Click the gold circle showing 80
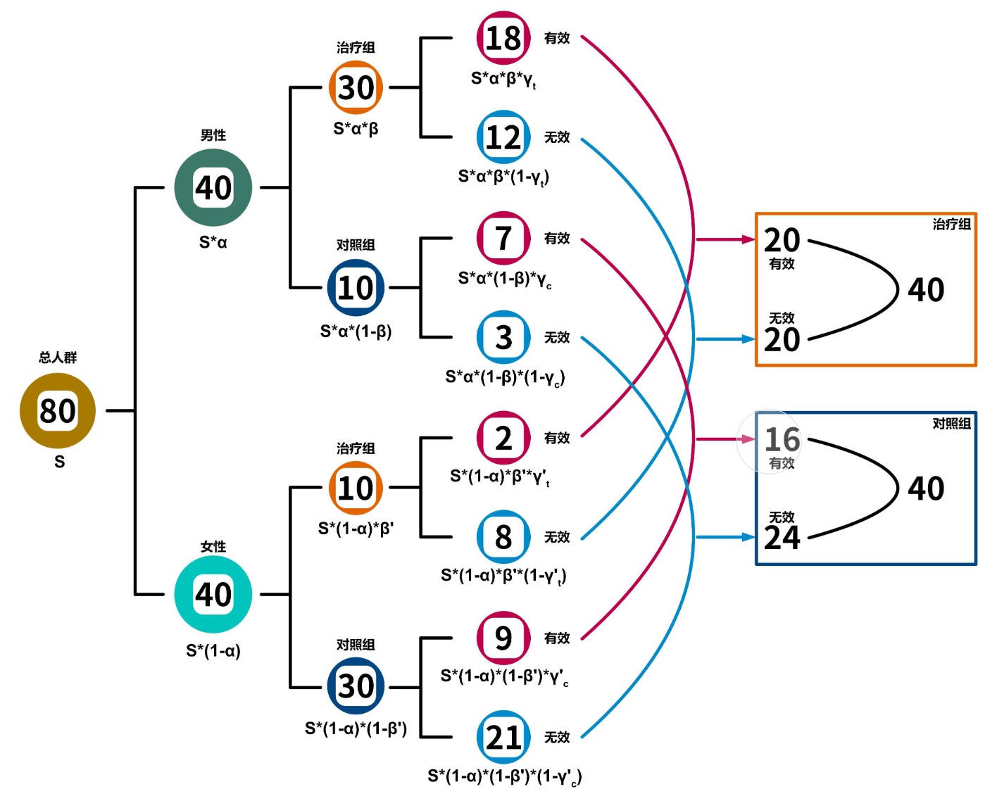click(x=58, y=410)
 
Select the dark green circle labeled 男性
click(x=213, y=187)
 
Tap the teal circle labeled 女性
click(x=213, y=594)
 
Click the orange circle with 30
click(x=356, y=87)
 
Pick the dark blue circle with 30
click(x=356, y=686)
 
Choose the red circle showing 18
click(x=503, y=38)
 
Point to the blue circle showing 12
click(x=503, y=137)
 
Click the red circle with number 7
click(x=503, y=238)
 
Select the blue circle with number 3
click(x=503, y=337)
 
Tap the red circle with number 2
click(x=503, y=438)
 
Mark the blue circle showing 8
click(x=503, y=537)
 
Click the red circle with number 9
click(x=503, y=638)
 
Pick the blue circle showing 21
click(x=503, y=737)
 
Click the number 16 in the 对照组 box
click(x=782, y=440)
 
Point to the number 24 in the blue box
click(x=782, y=538)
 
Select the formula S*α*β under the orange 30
click(x=356, y=129)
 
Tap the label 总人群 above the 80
click(x=58, y=358)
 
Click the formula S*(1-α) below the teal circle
click(x=213, y=650)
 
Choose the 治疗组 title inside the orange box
click(x=951, y=225)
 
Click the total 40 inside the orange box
click(x=925, y=290)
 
